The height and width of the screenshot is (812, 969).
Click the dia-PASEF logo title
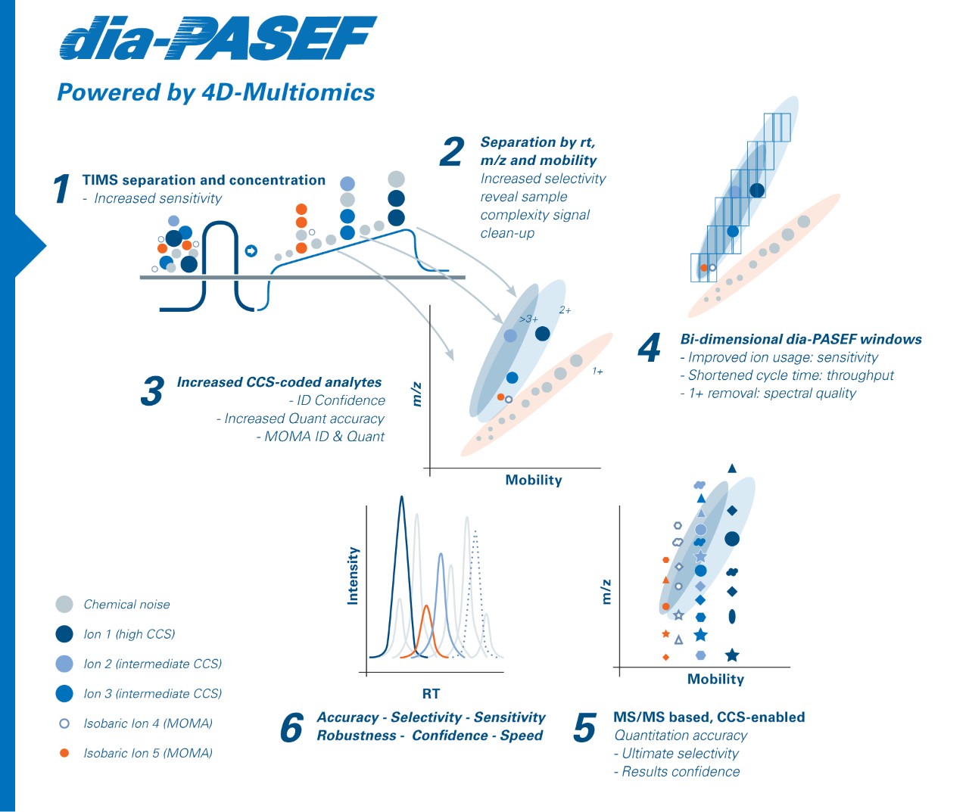pos(218,39)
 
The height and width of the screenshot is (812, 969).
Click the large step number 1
pos(62,189)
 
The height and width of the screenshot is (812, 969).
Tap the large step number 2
pos(452,151)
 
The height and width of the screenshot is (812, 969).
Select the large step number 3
pos(152,391)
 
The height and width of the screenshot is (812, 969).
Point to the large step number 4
pos(650,348)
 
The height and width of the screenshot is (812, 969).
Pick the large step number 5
pos(584,728)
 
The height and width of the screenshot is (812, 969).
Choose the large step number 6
pos(291,728)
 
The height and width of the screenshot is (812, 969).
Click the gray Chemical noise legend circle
pos(64,604)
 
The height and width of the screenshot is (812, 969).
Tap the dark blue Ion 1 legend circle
pos(64,633)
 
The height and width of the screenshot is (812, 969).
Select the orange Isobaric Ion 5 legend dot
pos(64,753)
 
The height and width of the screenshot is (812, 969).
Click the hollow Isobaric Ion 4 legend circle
pos(64,723)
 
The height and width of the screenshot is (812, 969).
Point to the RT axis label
pos(431,693)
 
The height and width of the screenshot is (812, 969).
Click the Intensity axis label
pos(353,576)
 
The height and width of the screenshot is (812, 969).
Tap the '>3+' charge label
pos(528,319)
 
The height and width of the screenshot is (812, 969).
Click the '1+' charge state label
pos(597,372)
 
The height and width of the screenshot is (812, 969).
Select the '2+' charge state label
pos(565,310)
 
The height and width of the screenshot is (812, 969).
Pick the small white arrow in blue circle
pos(251,250)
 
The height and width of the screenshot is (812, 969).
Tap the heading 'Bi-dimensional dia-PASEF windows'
pos(801,339)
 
